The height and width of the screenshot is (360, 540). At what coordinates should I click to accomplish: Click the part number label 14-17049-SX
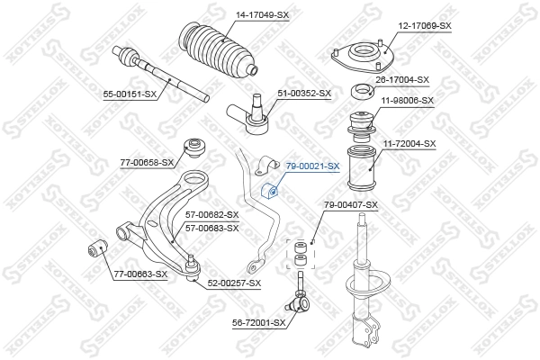(x=263, y=15)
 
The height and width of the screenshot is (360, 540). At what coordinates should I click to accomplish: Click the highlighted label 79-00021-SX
(x=312, y=166)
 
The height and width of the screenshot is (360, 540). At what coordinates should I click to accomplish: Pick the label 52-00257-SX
(x=233, y=283)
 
